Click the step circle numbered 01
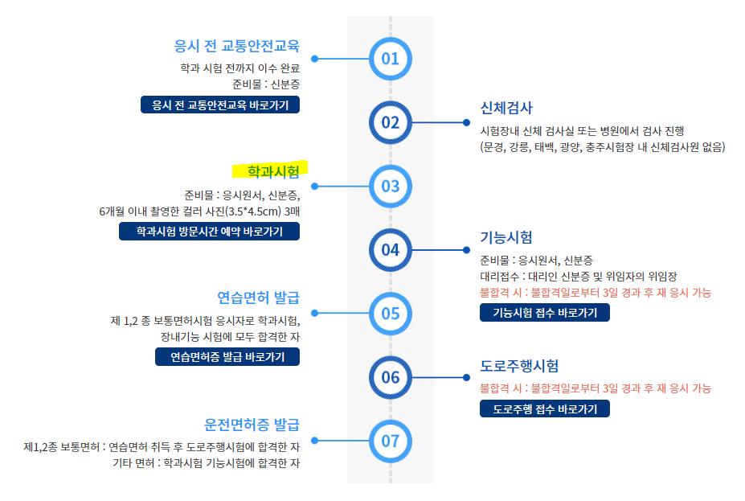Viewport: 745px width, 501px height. [x=390, y=58]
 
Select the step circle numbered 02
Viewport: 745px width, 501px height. [x=390, y=122]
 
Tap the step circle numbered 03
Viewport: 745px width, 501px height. [x=390, y=186]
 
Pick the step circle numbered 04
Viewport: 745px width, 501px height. [x=390, y=249]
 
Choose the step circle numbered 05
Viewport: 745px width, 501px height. [x=390, y=313]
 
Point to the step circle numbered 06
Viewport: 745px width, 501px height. [x=390, y=377]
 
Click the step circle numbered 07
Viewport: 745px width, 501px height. [x=390, y=441]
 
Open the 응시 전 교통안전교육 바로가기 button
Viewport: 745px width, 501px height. [x=219, y=105]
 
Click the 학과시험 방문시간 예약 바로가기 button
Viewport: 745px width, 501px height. [x=209, y=232]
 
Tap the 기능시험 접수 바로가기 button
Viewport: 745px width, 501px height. [x=544, y=313]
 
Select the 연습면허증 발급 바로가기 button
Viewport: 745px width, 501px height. [x=227, y=357]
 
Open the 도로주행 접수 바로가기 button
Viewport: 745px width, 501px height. [x=544, y=409]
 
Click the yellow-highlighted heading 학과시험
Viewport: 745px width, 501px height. [x=272, y=170]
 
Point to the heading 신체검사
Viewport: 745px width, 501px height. [x=506, y=109]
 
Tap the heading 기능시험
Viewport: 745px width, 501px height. [x=506, y=237]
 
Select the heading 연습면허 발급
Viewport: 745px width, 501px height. [x=258, y=298]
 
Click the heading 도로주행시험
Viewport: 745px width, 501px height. [x=519, y=366]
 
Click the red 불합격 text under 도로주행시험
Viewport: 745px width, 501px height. [x=595, y=388]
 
